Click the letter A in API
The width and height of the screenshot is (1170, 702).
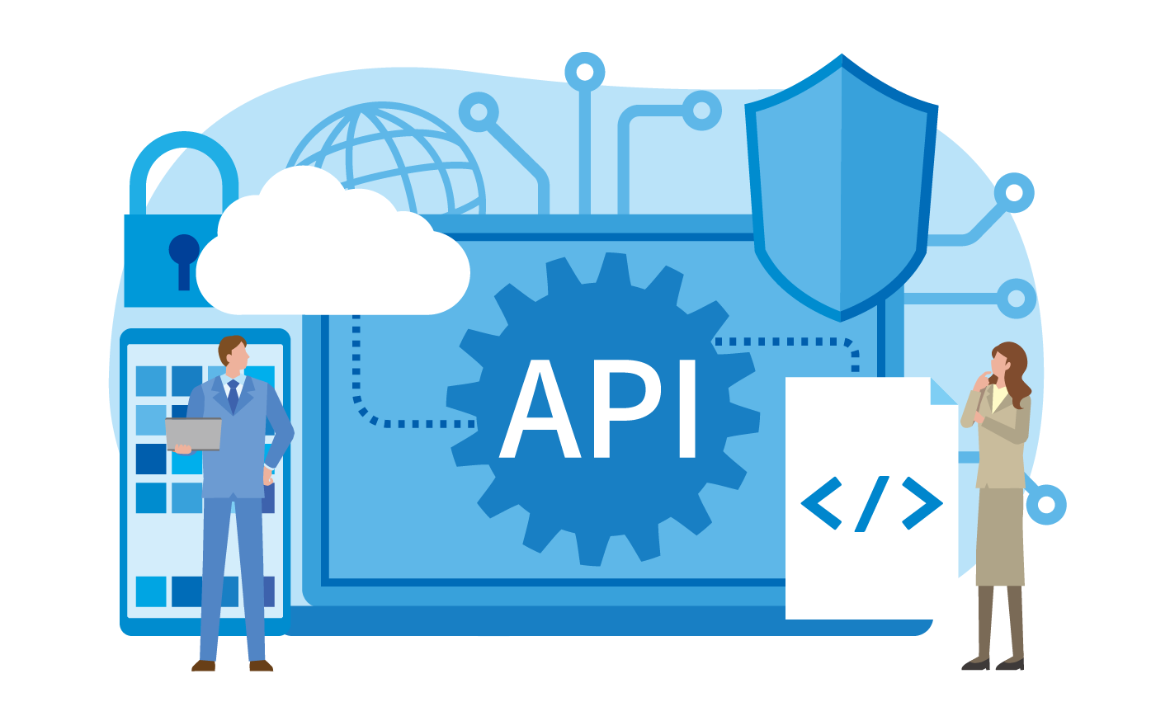(x=540, y=409)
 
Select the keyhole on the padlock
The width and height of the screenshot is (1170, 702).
(x=184, y=261)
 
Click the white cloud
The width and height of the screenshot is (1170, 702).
(x=333, y=246)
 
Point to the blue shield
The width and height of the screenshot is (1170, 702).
(x=842, y=188)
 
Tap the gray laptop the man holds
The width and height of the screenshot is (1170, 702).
(x=193, y=434)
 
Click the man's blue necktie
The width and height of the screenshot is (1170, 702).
(x=233, y=395)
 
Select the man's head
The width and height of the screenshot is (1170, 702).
(x=233, y=352)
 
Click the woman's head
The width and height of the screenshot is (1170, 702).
(x=1006, y=360)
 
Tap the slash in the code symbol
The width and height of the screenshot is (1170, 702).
(x=872, y=503)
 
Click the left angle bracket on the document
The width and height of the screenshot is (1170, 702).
(x=821, y=503)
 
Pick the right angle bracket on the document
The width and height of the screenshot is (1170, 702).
(x=922, y=503)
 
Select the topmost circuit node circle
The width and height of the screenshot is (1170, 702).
(x=585, y=72)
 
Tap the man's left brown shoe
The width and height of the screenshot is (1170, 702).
(x=203, y=666)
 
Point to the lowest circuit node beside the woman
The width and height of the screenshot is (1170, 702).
(x=1046, y=505)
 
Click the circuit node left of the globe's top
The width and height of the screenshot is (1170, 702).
(x=479, y=112)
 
